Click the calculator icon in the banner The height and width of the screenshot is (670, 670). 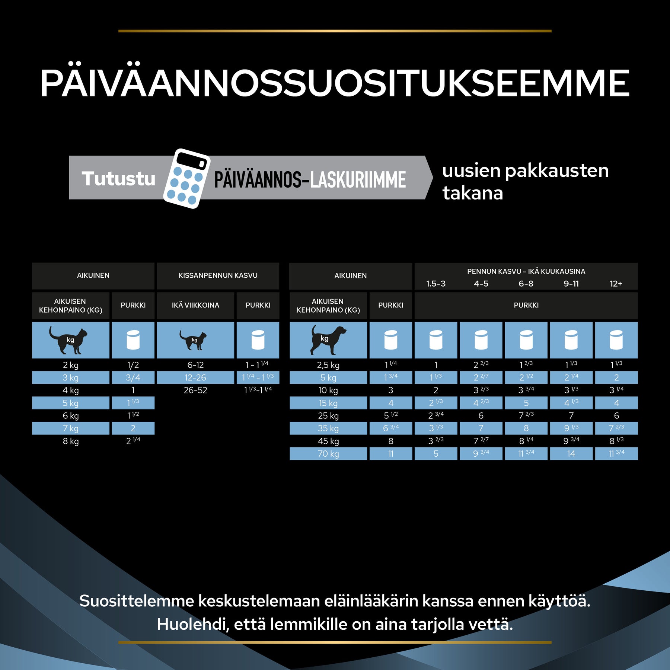187,178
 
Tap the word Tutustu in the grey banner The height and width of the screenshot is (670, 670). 118,179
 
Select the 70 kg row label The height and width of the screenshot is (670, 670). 328,454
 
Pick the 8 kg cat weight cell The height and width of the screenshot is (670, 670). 71,441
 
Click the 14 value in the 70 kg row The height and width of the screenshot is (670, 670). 571,454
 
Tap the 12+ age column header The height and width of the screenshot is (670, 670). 616,284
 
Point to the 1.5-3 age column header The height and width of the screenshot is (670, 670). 435,284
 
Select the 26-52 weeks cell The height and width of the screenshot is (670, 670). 195,390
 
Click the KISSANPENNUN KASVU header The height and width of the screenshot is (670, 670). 218,275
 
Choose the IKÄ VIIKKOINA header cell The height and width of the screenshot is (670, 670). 195,305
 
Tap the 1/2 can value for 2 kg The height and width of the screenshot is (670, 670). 133,365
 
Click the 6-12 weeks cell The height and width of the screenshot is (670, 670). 195,365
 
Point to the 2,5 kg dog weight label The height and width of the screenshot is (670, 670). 328,365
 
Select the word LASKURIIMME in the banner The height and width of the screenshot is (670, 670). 358,180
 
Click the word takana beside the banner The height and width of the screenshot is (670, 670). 472,193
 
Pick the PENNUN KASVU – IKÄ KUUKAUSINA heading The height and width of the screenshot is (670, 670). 526,271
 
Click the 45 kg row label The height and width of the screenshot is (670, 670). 328,441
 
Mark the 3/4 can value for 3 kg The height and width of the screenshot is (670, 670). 133,378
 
